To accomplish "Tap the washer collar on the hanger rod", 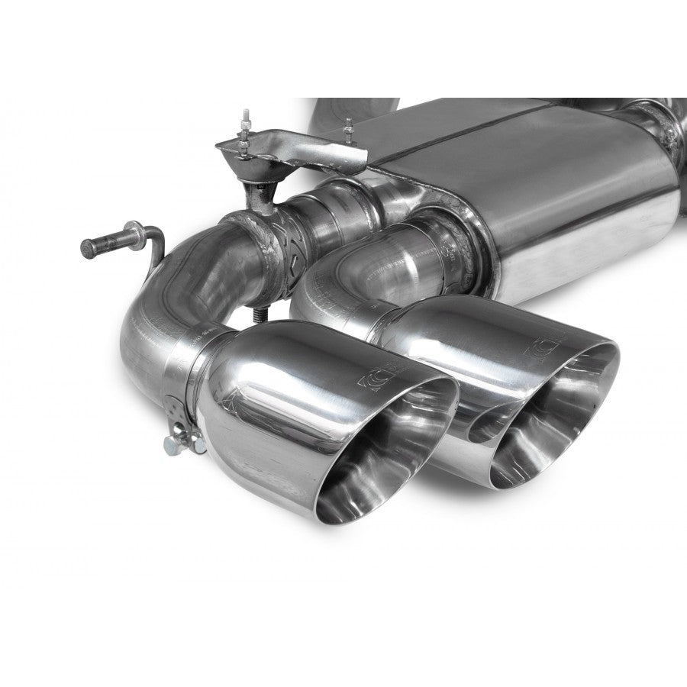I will [x=134, y=231].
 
